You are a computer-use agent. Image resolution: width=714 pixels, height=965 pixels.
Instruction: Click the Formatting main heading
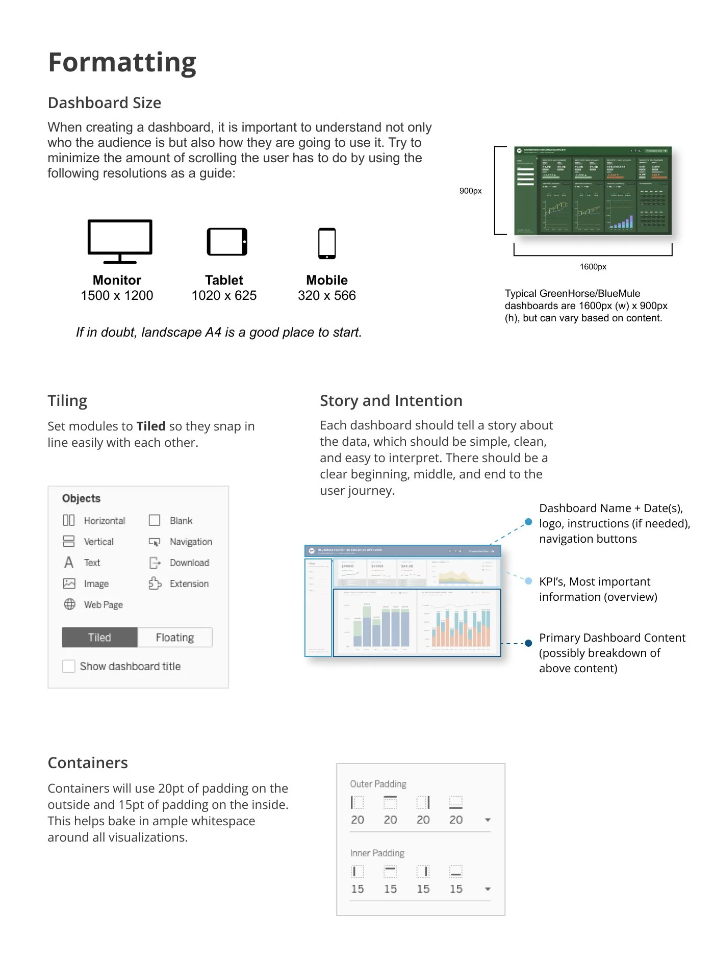[x=122, y=63]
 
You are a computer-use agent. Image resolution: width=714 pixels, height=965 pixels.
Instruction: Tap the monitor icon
[x=120, y=241]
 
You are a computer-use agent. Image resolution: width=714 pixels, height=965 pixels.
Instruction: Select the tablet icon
[x=227, y=242]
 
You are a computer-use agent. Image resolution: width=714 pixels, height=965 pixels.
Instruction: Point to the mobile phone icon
[x=327, y=243]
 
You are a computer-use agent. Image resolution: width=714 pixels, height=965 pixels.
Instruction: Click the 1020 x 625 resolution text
[x=224, y=296]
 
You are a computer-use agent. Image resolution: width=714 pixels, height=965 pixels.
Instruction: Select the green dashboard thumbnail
[x=593, y=190]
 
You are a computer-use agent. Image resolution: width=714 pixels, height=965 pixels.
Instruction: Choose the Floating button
[x=175, y=638]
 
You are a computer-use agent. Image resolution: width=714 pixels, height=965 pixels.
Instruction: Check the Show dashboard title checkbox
[x=69, y=666]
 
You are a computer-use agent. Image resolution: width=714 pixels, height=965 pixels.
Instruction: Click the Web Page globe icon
[x=69, y=604]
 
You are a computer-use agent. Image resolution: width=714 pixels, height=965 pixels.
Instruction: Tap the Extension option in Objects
[x=189, y=583]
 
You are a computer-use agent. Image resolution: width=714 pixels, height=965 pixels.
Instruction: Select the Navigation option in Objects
[x=190, y=542]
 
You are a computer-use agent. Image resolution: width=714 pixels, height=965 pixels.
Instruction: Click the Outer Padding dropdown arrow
[x=488, y=820]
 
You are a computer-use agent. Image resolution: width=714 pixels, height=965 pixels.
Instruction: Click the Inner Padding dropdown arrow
[x=488, y=889]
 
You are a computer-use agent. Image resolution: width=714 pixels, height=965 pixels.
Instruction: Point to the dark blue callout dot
[x=528, y=644]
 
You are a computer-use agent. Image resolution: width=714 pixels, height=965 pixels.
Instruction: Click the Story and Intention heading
[x=391, y=401]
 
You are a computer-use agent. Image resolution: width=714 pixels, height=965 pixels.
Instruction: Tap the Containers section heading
[x=88, y=763]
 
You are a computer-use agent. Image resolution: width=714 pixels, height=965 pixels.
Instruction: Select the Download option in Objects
[x=189, y=563]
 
